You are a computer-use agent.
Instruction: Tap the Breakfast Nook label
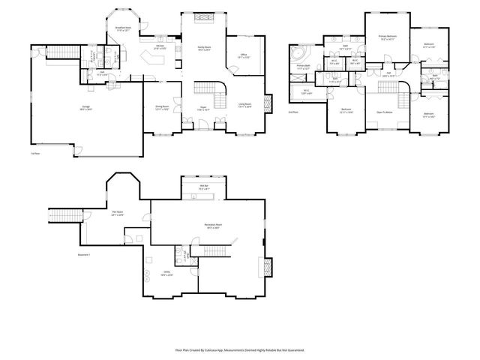point(124,29)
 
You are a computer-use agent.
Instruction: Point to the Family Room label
point(204,49)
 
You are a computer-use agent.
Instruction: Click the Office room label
point(244,56)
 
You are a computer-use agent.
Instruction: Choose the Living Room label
point(244,106)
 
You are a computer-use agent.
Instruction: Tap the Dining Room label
point(162,107)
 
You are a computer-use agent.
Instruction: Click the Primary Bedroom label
point(388,37)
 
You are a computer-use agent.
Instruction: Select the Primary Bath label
point(303,67)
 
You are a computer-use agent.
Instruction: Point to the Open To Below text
point(385,112)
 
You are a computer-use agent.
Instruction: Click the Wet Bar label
point(204,187)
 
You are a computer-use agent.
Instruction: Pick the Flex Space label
point(118,214)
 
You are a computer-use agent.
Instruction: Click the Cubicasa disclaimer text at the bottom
point(240,349)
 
